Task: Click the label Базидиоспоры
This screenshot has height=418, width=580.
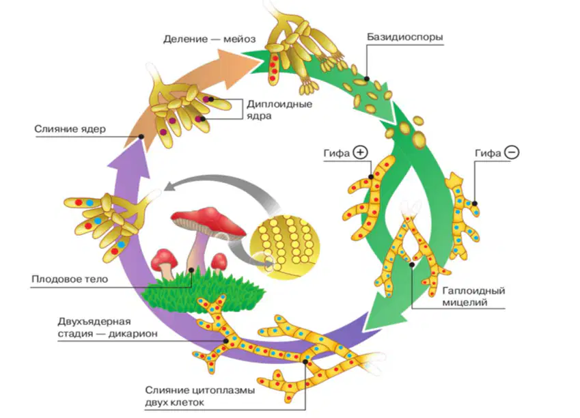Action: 404,37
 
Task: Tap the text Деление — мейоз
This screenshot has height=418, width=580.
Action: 209,39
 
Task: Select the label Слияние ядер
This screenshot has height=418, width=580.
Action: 70,128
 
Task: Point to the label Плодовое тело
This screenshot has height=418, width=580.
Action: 70,279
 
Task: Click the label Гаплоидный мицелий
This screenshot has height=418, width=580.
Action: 473,296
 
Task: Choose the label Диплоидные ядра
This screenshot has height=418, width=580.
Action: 279,109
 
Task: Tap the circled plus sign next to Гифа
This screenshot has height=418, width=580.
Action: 360,152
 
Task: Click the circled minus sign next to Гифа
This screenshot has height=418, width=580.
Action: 512,152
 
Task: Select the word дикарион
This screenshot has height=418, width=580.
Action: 133,334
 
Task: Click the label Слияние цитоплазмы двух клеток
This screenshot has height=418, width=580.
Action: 199,396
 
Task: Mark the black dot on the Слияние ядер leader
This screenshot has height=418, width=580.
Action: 141,137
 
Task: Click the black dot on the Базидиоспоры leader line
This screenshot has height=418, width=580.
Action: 367,79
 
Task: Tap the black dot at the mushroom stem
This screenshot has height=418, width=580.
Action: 191,270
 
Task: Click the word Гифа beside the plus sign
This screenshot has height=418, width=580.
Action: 337,153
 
